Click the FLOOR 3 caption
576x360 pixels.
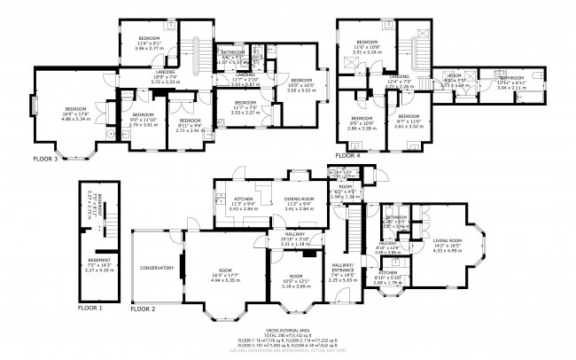click(45, 160)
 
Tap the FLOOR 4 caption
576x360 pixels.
click(346, 156)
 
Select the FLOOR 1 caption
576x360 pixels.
click(90, 307)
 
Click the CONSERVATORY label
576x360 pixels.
click(156, 267)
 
